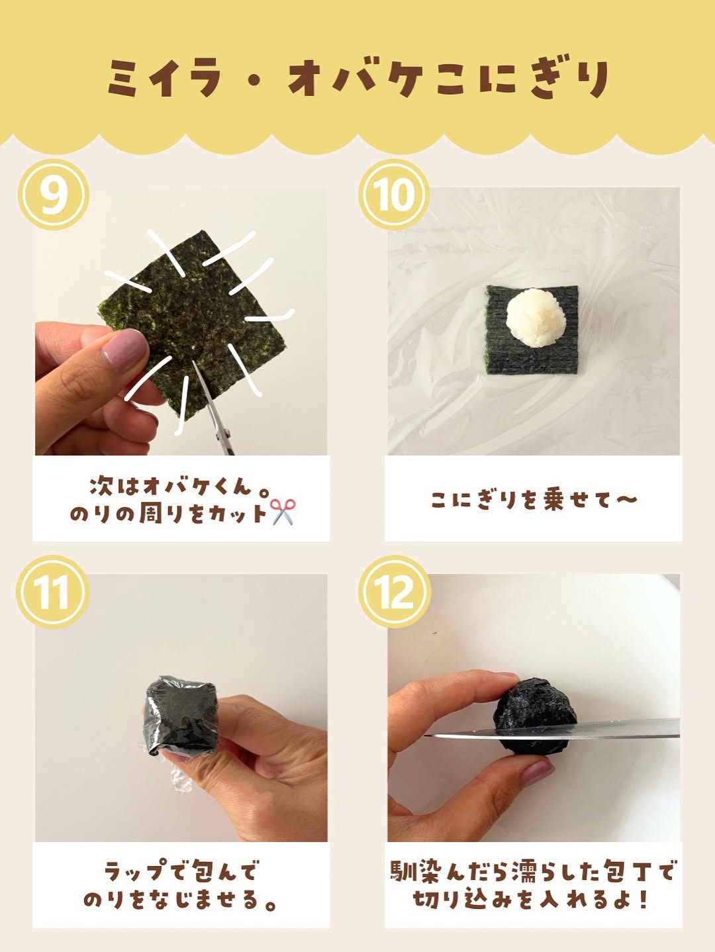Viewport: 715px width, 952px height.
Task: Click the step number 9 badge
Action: (54, 194)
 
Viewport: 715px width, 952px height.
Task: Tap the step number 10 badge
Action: (394, 194)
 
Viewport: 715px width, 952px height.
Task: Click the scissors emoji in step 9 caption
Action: (283, 512)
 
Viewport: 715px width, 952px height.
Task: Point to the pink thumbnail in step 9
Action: (123, 349)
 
